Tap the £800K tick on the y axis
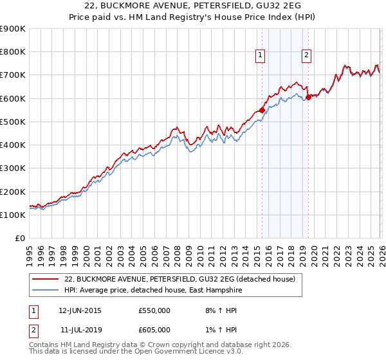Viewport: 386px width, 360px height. tap(13, 52)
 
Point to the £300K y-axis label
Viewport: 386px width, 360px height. tap(13, 168)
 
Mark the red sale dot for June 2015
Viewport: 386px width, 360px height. tap(262, 110)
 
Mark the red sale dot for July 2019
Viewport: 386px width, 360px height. tap(308, 97)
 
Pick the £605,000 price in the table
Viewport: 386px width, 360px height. tap(154, 329)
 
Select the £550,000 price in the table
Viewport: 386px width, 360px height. tap(154, 310)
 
